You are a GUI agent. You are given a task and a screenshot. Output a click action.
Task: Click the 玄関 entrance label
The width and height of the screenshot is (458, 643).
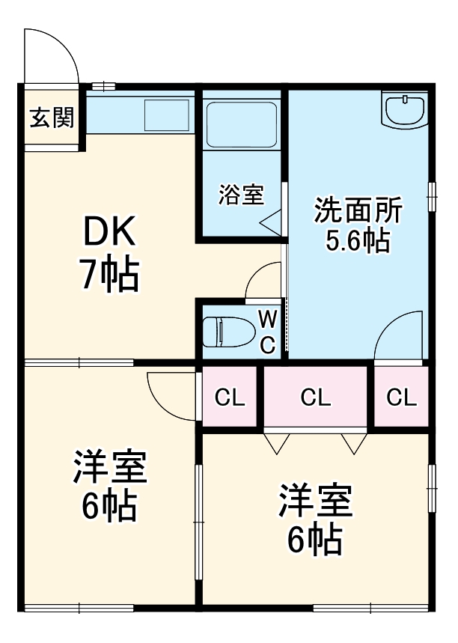pos(51,118)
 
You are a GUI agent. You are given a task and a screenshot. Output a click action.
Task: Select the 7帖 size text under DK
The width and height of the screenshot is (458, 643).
pos(109,275)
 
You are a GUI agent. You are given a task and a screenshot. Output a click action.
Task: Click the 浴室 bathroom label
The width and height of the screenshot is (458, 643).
pos(241,195)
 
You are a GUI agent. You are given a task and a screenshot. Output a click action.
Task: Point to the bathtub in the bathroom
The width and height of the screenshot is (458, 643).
pos(241,124)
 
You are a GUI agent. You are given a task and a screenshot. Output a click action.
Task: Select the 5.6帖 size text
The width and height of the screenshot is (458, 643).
pos(358,241)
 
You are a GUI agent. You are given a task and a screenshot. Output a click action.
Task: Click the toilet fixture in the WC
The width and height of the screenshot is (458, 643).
pos(225,329)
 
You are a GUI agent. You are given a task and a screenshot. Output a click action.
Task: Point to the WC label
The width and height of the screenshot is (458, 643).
pos(268,331)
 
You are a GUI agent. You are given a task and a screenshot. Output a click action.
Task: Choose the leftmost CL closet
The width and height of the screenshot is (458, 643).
pos(230,397)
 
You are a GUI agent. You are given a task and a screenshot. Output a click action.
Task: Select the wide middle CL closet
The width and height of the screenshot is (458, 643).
pos(315,397)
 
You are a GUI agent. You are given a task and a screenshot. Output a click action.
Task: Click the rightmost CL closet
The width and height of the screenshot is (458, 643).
pos(401,397)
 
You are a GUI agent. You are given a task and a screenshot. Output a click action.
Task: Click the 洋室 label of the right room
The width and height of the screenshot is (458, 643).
pos(315,502)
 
